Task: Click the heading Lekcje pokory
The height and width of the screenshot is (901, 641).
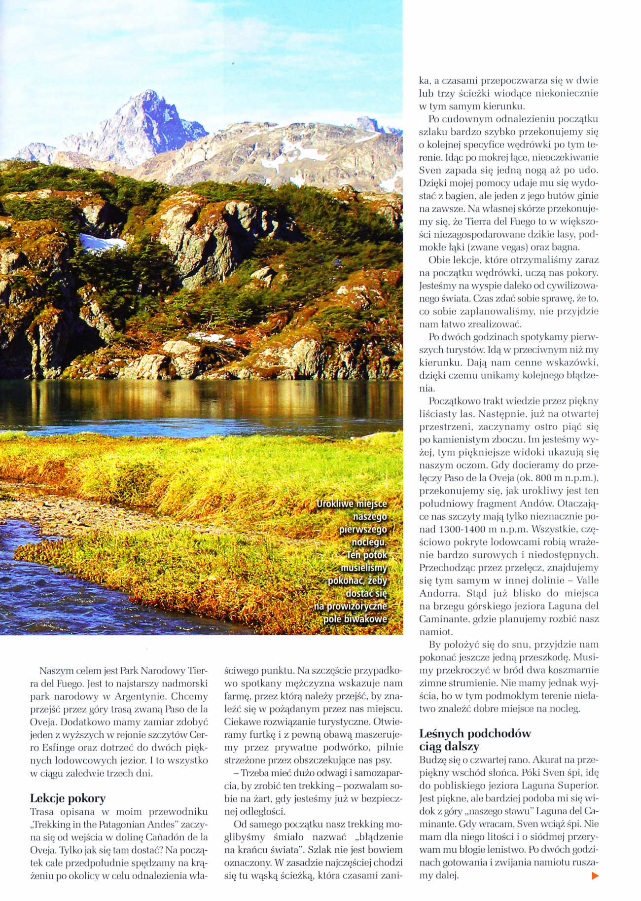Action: point(68,798)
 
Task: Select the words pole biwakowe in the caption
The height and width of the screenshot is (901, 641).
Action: point(355,619)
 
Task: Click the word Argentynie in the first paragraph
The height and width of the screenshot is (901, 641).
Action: point(181,697)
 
